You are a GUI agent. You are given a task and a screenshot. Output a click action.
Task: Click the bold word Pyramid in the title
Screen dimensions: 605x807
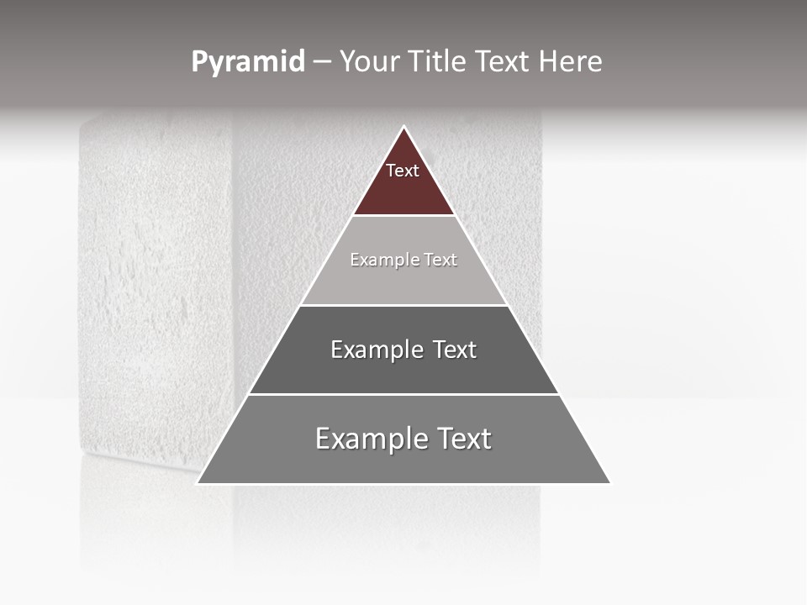(x=247, y=61)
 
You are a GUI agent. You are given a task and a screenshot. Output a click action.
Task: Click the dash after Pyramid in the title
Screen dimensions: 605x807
(x=321, y=62)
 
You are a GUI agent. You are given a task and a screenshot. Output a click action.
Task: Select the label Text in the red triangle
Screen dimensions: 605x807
(x=403, y=171)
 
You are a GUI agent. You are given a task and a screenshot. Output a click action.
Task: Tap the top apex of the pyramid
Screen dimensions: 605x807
(x=403, y=128)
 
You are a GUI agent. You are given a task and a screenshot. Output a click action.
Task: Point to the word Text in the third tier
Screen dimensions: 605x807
(x=454, y=350)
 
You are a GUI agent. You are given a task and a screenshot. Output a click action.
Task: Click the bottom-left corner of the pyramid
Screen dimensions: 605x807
(x=198, y=483)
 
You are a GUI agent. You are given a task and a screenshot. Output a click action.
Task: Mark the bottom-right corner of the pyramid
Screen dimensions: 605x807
(x=609, y=483)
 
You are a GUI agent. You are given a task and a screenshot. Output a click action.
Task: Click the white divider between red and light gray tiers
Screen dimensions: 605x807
(x=403, y=216)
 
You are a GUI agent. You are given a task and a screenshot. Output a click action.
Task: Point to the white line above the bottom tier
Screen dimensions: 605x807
(x=403, y=394)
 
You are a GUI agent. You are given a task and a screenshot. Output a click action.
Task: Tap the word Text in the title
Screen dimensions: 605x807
(x=504, y=61)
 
